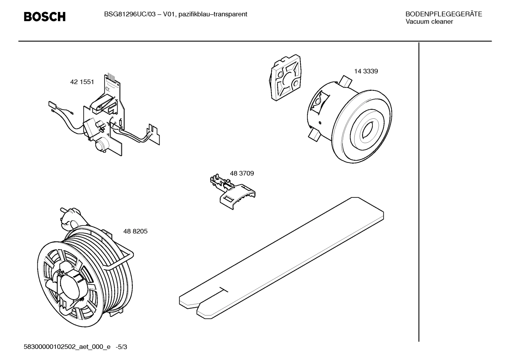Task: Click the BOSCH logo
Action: pos(44,16)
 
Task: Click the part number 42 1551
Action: pos(82,82)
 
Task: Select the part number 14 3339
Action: pos(366,71)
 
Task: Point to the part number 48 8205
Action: pos(135,231)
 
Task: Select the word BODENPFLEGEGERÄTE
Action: pos(443,14)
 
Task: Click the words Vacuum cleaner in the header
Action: pos(429,22)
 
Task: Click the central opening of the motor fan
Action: pos(367,131)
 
